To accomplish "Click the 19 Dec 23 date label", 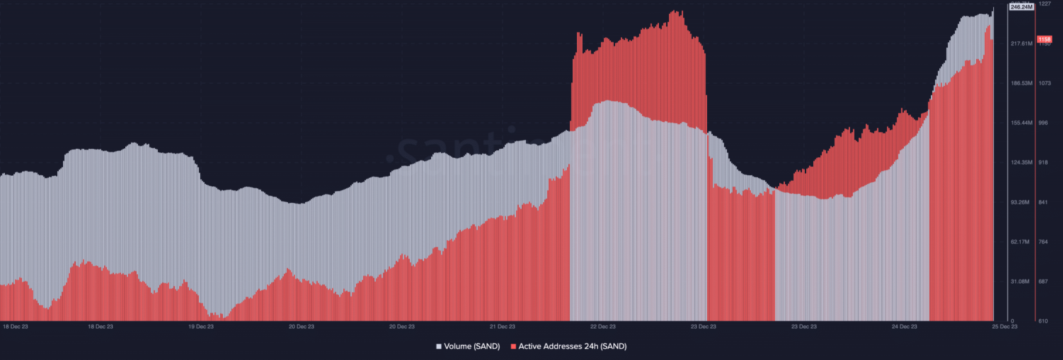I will pyautogui.click(x=201, y=326).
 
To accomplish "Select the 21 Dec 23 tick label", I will pyautogui.click(x=502, y=326).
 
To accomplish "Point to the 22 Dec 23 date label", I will pyautogui.click(x=603, y=326).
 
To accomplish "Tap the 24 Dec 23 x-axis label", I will pyautogui.click(x=905, y=326).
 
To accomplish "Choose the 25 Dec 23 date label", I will pyautogui.click(x=1005, y=326).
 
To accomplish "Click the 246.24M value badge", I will pyautogui.click(x=1021, y=7).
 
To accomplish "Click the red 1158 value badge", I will pyautogui.click(x=1044, y=39).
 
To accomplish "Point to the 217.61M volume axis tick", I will pyautogui.click(x=1021, y=44).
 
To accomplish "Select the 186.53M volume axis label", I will pyautogui.click(x=1021, y=83).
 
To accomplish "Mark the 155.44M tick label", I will pyautogui.click(x=1021, y=123).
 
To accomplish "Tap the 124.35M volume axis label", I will pyautogui.click(x=1021, y=163).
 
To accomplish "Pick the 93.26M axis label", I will pyautogui.click(x=1021, y=202).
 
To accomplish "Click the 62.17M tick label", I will pyautogui.click(x=1021, y=242).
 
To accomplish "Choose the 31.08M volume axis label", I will pyautogui.click(x=1021, y=282).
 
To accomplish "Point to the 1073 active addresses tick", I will pyautogui.click(x=1045, y=83).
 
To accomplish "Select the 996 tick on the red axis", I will pyautogui.click(x=1044, y=123).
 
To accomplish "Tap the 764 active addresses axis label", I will pyautogui.click(x=1044, y=242).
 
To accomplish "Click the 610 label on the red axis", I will pyautogui.click(x=1044, y=321).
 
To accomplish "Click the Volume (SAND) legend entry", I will pyautogui.click(x=468, y=346).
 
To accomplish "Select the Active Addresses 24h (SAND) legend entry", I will pyautogui.click(x=568, y=346).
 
